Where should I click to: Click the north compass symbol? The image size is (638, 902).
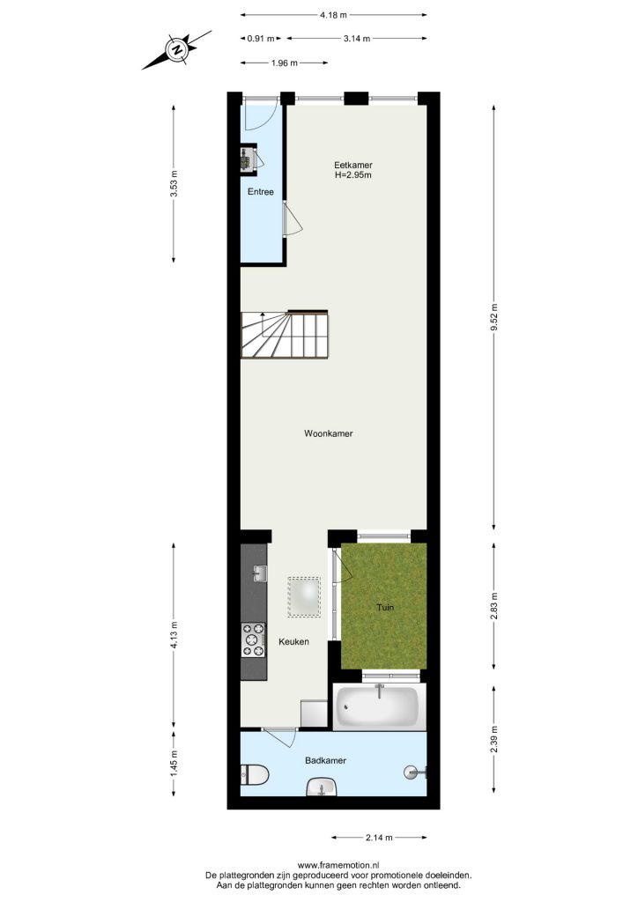coord(176,49)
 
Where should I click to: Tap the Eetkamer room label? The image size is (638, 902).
coord(352,165)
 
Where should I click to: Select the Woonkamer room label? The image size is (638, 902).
coord(329,433)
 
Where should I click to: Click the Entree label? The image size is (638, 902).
coord(261,191)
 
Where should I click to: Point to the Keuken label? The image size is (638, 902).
coord(294,641)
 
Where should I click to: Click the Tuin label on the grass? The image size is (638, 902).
coord(385,607)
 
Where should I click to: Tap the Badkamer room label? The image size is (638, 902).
coord(326,760)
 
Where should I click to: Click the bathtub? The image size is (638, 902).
coord(379,706)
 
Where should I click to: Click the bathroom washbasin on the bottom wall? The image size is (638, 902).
coord(322,787)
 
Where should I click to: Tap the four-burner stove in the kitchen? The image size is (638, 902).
coord(254,640)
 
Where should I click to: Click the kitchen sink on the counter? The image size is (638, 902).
coord(259,573)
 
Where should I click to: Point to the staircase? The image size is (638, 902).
coord(285,334)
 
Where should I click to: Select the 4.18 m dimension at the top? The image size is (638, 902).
coord(334,15)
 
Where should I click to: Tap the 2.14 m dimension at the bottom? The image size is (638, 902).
coord(379,838)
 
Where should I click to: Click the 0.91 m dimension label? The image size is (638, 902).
coord(261,39)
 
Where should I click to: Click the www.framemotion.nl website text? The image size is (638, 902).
coord(338,865)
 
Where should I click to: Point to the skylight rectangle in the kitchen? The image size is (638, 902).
coord(304,597)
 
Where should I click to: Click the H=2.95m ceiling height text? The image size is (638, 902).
coord(352,175)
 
